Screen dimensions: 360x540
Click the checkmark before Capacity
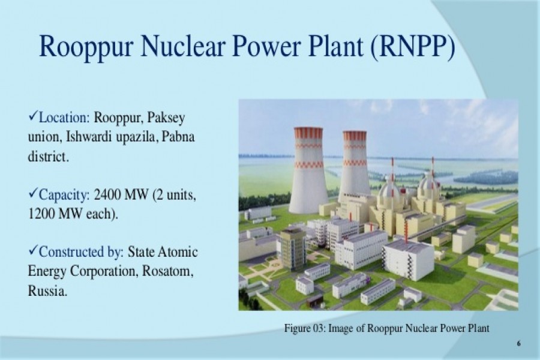(33, 194)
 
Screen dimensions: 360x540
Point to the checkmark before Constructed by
(33, 251)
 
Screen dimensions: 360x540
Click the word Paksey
(174, 116)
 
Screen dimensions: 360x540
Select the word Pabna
(179, 137)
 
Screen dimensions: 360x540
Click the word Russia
(46, 291)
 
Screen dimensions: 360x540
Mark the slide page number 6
(518, 343)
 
